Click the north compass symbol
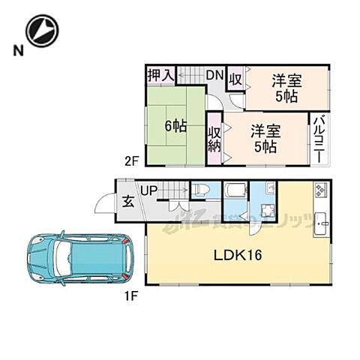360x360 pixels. coord(41,31)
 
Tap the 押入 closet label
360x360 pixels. coord(160,75)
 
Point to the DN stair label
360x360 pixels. coord(214,75)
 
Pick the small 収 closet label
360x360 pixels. coord(234,79)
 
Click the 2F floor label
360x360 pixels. coord(132,160)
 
